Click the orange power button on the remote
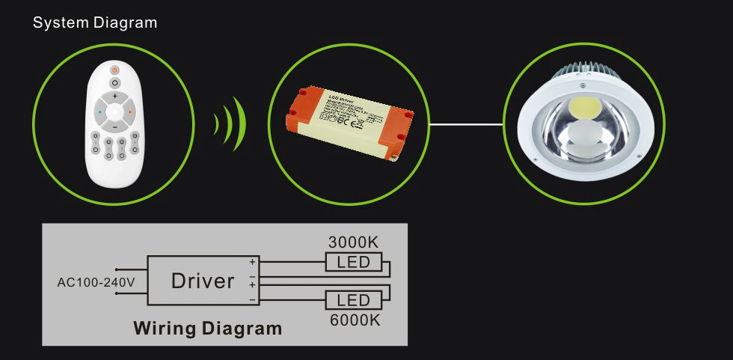pyautogui.click(x=114, y=70)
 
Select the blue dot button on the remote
pyautogui.click(x=99, y=113)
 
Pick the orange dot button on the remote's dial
pyautogui.click(x=130, y=113)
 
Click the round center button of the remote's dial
pyautogui.click(x=114, y=113)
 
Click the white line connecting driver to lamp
pyautogui.click(x=466, y=124)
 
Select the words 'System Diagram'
pyautogui.click(x=95, y=22)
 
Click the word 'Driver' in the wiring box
pyautogui.click(x=203, y=281)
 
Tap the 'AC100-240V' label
pyautogui.click(x=96, y=282)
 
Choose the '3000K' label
pyautogui.click(x=354, y=242)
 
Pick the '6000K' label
pyautogui.click(x=354, y=320)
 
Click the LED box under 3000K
pyautogui.click(x=354, y=262)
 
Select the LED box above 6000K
pyautogui.click(x=354, y=300)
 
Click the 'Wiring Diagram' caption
pyautogui.click(x=207, y=328)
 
